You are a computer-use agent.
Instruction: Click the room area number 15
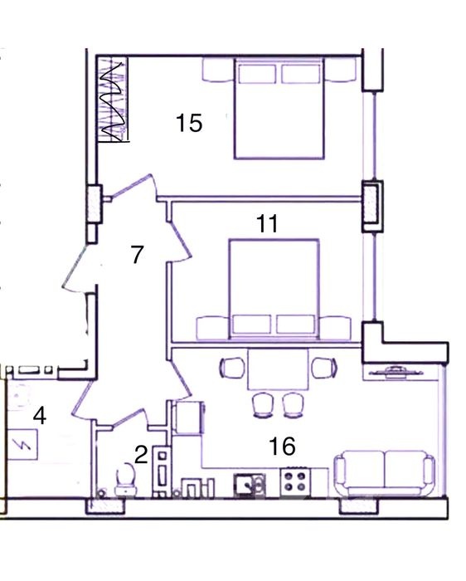click(x=189, y=123)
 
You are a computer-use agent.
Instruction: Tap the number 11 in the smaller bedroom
click(x=267, y=223)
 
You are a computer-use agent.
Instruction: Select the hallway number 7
click(x=138, y=255)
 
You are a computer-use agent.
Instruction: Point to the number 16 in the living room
click(x=283, y=446)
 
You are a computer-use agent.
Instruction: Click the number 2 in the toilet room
click(x=141, y=455)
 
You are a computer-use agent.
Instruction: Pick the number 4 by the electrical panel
click(x=40, y=416)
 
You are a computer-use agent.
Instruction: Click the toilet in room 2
click(x=126, y=479)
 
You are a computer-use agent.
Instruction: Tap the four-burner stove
click(x=295, y=481)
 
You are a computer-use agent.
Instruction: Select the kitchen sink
click(x=249, y=485)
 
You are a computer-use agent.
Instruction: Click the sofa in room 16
click(x=384, y=473)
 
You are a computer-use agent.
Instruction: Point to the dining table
click(x=278, y=369)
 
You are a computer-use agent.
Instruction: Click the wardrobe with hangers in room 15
click(x=114, y=99)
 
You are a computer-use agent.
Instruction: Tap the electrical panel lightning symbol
click(x=23, y=444)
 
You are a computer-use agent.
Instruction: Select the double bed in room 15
click(x=279, y=108)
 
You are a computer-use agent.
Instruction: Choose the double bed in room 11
click(x=274, y=289)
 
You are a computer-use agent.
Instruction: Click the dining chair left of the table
click(x=232, y=368)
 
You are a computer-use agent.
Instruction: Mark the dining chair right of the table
click(x=324, y=368)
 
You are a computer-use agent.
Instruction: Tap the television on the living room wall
click(x=396, y=371)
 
